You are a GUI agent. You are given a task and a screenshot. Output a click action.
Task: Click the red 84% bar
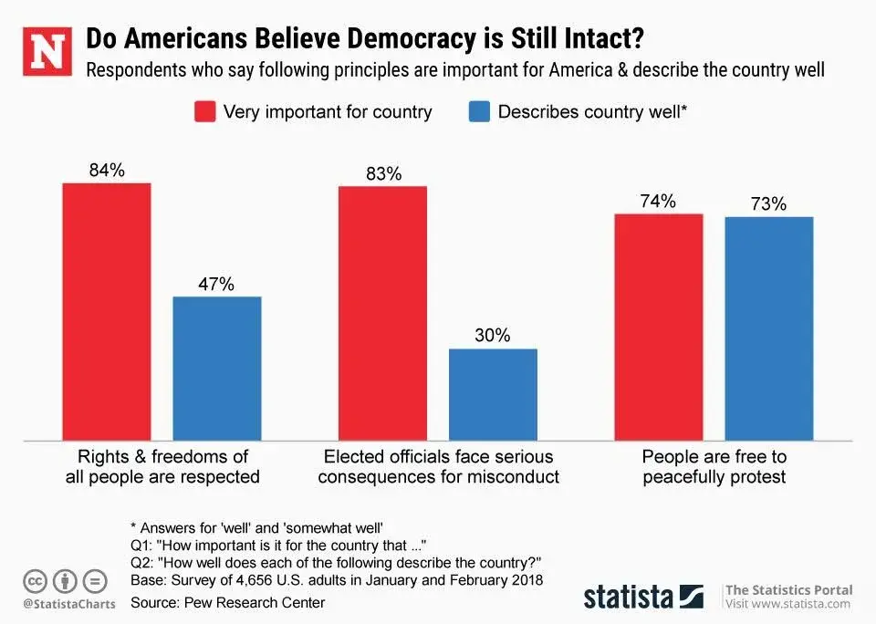[x=107, y=310]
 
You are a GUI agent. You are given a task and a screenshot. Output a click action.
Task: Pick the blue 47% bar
[x=217, y=367]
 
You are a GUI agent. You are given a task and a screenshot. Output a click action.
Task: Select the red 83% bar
[x=382, y=312]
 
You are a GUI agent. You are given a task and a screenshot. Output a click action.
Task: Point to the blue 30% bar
[x=493, y=393]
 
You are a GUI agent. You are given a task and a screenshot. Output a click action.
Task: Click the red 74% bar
[x=658, y=326]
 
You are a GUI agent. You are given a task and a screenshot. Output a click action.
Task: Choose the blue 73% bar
[x=768, y=328]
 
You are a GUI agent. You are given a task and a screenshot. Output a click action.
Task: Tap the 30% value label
[x=493, y=336]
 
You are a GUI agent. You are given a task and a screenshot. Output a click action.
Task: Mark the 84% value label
[x=107, y=171]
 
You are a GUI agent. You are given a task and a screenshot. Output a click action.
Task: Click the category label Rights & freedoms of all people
[x=162, y=466]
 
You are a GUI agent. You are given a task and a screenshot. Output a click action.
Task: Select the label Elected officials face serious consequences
[x=438, y=466]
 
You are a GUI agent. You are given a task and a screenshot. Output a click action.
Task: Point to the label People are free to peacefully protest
[x=714, y=466]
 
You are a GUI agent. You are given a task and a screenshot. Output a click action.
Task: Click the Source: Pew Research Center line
[x=227, y=602]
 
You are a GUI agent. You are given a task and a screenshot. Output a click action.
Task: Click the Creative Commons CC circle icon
[x=35, y=580]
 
